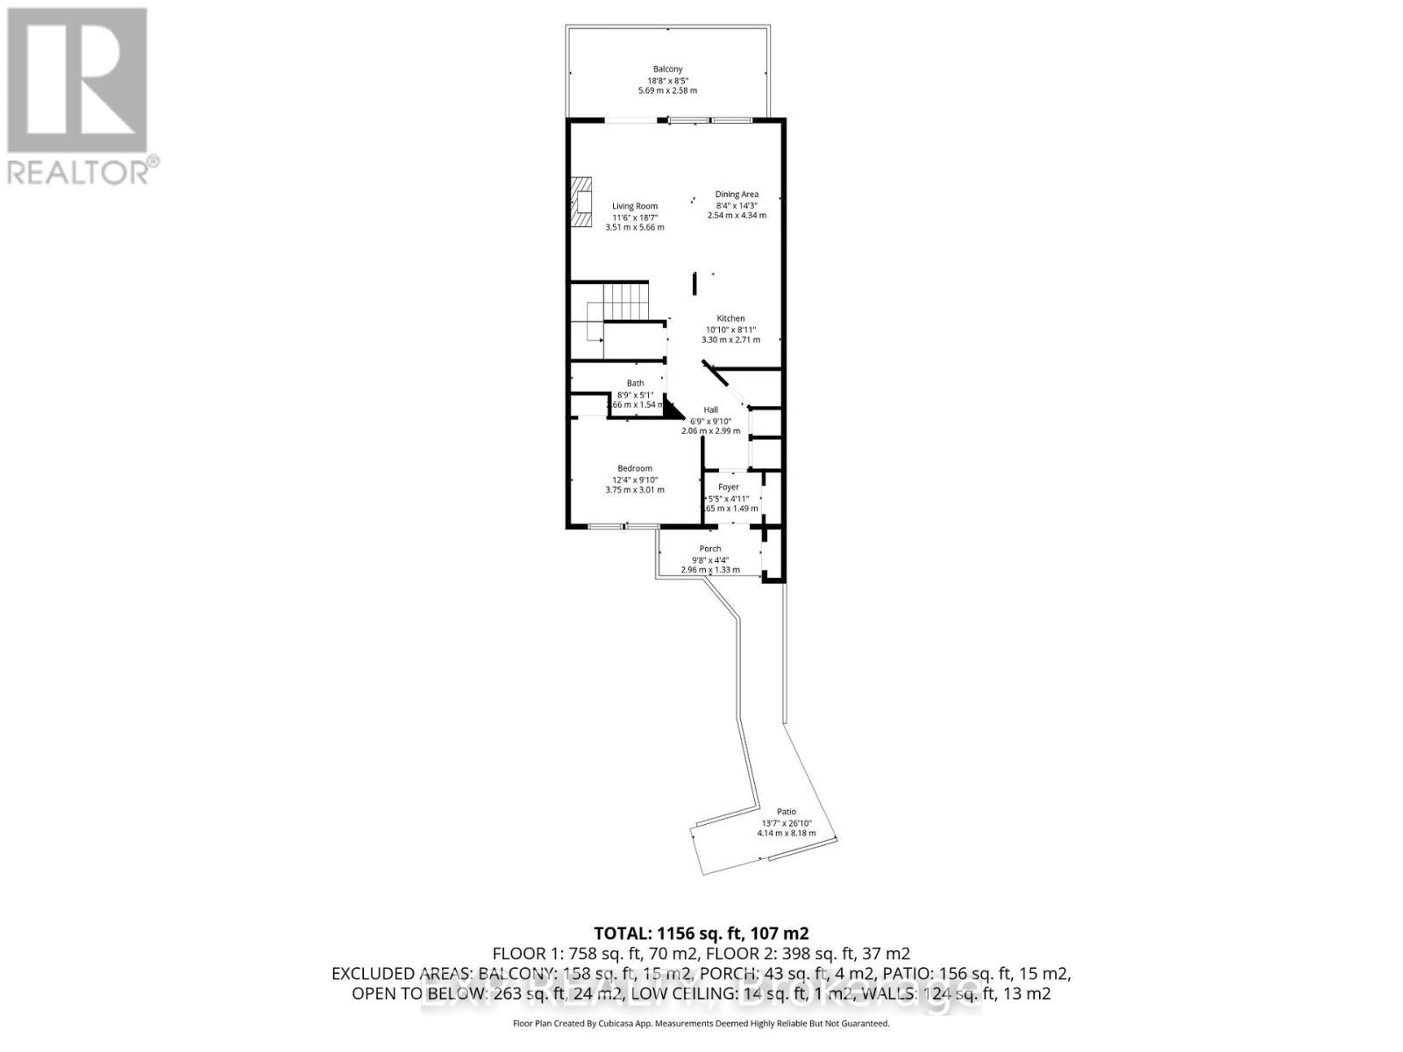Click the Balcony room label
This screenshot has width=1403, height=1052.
[667, 69]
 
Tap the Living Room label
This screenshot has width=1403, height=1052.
[635, 206]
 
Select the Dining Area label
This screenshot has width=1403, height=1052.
[737, 194]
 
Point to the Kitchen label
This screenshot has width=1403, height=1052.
[730, 318]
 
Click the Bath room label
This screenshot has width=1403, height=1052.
[635, 383]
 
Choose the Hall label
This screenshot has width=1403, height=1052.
[710, 409]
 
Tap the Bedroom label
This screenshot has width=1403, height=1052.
[635, 468]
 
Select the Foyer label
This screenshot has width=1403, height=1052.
[729, 487]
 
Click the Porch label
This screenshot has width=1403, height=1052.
[710, 549]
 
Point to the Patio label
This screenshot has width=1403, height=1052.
[786, 812]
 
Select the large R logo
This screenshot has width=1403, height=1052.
[77, 79]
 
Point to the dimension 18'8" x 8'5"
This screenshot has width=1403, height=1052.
[667, 80]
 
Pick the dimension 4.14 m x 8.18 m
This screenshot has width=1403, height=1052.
[787, 833]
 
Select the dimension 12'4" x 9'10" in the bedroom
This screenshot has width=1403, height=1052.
[635, 480]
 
